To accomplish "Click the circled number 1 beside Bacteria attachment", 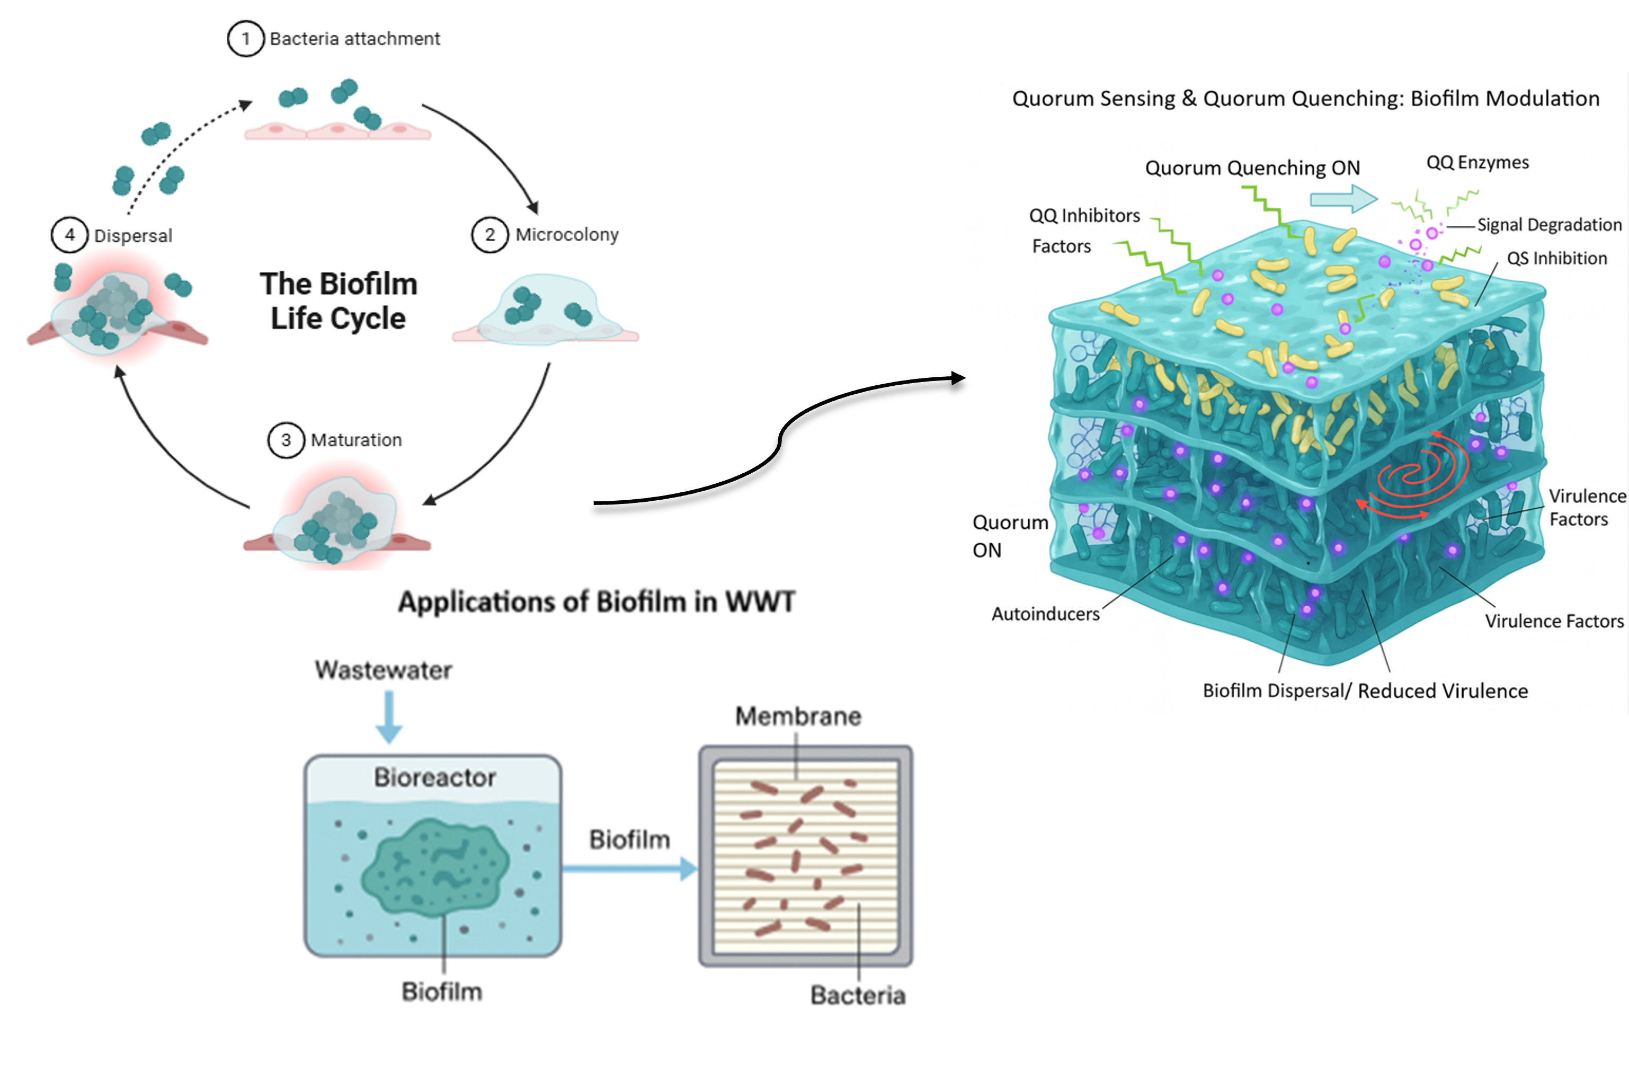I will point(245,39).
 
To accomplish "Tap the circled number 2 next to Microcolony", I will point(489,235).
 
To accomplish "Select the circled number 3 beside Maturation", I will point(286,440).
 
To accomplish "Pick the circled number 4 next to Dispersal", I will point(70,235).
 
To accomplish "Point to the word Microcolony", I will point(567,235).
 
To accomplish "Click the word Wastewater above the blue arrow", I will point(384,670).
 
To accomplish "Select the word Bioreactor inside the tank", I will point(434,777).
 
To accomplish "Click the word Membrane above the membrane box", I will point(798,716).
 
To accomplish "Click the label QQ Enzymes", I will point(1477,162).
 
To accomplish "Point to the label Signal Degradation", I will point(1549,225).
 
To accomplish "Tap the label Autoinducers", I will point(1045,614).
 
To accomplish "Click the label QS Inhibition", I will point(1556,258).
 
